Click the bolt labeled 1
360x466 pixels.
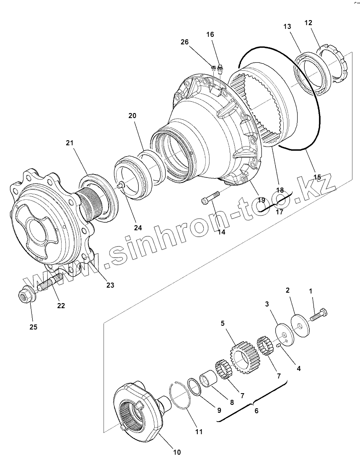[319, 315]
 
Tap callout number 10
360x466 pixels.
[177, 452]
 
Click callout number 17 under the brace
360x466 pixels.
[280, 212]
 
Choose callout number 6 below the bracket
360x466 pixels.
[256, 411]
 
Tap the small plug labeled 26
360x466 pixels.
[214, 67]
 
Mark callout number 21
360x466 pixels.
[70, 143]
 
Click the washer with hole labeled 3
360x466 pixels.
[284, 335]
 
